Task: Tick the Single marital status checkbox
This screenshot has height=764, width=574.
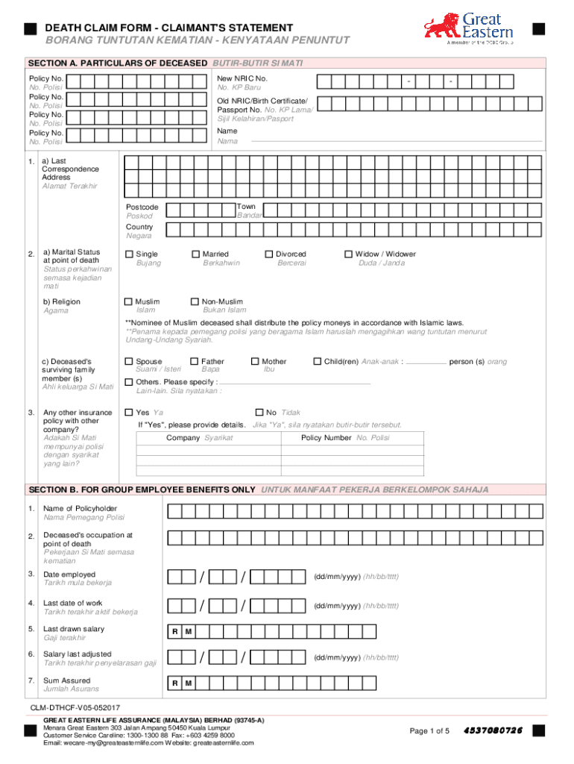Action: coord(129,254)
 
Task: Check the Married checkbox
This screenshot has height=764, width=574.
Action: coord(195,254)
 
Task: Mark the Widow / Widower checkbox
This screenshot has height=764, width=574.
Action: coord(348,254)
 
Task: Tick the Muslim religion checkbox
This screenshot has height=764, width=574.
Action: coord(129,302)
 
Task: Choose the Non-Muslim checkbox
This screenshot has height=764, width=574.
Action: coord(195,302)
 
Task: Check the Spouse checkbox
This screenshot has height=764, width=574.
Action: coord(129,362)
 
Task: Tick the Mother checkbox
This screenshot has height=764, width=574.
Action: coord(255,362)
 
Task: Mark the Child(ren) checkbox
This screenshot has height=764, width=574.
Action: coord(317,362)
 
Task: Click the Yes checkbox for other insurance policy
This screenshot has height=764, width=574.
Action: coord(129,412)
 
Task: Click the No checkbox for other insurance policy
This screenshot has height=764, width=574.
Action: coord(259,412)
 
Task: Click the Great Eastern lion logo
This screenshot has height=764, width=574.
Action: coord(440,28)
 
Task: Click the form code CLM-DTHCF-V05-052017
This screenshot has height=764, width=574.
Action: coord(75,707)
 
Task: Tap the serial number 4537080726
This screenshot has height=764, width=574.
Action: coord(493,730)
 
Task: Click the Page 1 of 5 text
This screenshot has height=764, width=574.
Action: coord(429,730)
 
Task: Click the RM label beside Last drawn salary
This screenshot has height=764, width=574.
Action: coord(181,632)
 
